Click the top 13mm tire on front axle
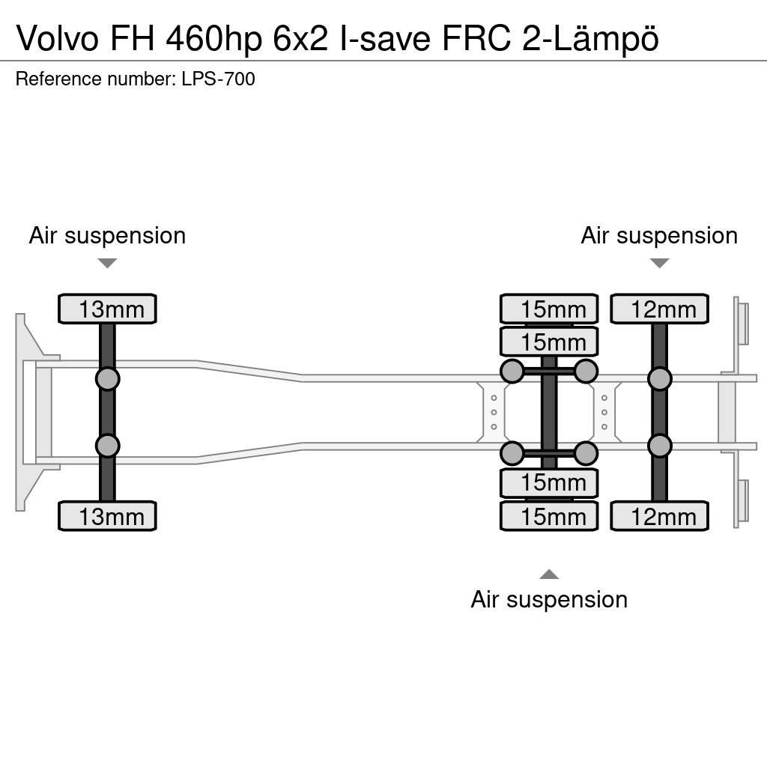click(x=107, y=309)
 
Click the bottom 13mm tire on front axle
click(x=107, y=516)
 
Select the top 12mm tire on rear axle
click(x=659, y=309)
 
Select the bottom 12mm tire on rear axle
click(x=659, y=516)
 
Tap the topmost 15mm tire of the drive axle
click(x=549, y=309)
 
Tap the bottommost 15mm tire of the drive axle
click(x=549, y=516)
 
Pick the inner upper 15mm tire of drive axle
click(x=549, y=342)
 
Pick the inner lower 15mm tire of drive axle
click(x=549, y=483)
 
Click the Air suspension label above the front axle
click(x=107, y=235)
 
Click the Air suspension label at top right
click(x=659, y=235)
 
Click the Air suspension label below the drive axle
click(x=549, y=599)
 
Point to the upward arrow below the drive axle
click(x=549, y=575)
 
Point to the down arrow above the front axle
click(x=107, y=263)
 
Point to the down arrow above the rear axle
click(x=659, y=263)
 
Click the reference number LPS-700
click(x=218, y=79)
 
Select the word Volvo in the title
click(x=57, y=39)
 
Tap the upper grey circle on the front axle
click(x=107, y=378)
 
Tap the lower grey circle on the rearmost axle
click(x=659, y=446)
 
